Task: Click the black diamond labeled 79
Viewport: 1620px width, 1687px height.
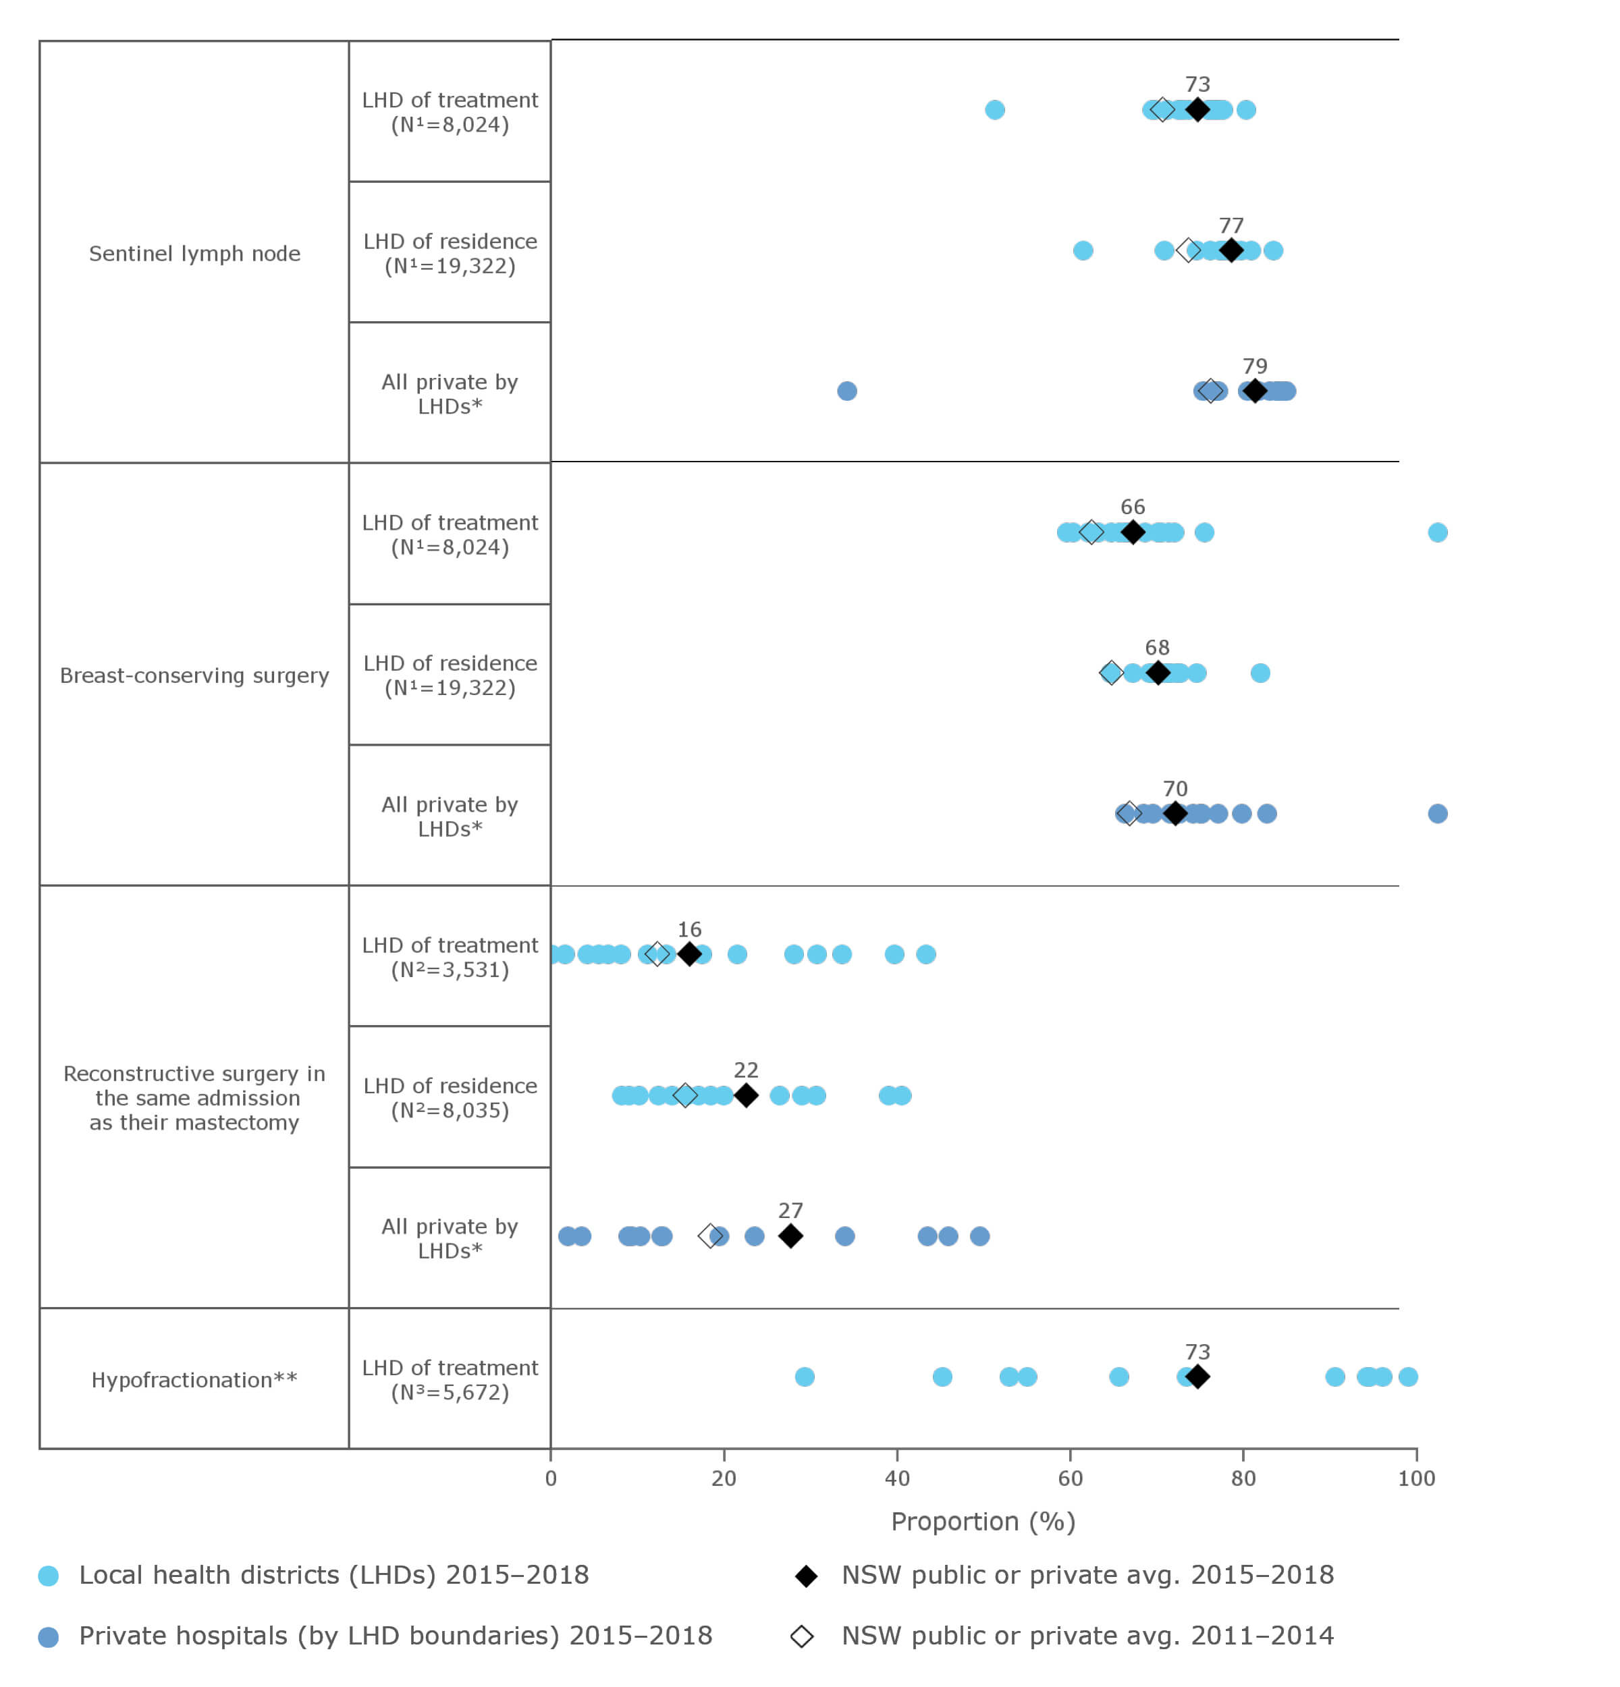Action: (1254, 391)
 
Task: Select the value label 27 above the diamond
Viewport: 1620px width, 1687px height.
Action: (789, 1210)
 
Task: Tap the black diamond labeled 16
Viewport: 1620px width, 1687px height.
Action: (688, 953)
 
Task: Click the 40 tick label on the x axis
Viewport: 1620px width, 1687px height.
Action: (896, 1478)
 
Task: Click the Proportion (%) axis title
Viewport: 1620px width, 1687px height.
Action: (982, 1522)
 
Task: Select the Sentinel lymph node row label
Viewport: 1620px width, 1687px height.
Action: (194, 253)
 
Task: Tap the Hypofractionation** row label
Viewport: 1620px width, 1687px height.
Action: (194, 1380)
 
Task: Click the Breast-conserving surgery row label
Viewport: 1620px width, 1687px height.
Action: (194, 675)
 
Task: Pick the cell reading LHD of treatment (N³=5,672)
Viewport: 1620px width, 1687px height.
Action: (450, 1380)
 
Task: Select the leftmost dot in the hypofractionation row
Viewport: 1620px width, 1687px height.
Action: (804, 1377)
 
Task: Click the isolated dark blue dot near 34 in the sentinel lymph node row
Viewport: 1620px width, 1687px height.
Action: (846, 391)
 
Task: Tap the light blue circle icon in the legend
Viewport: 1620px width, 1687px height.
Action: (48, 1576)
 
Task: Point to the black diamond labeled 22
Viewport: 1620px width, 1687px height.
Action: (745, 1095)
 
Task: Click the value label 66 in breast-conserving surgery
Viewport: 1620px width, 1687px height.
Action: (1132, 507)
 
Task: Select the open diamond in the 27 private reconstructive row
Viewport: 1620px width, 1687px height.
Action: (709, 1236)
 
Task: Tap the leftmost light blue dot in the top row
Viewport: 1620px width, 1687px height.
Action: (994, 109)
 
